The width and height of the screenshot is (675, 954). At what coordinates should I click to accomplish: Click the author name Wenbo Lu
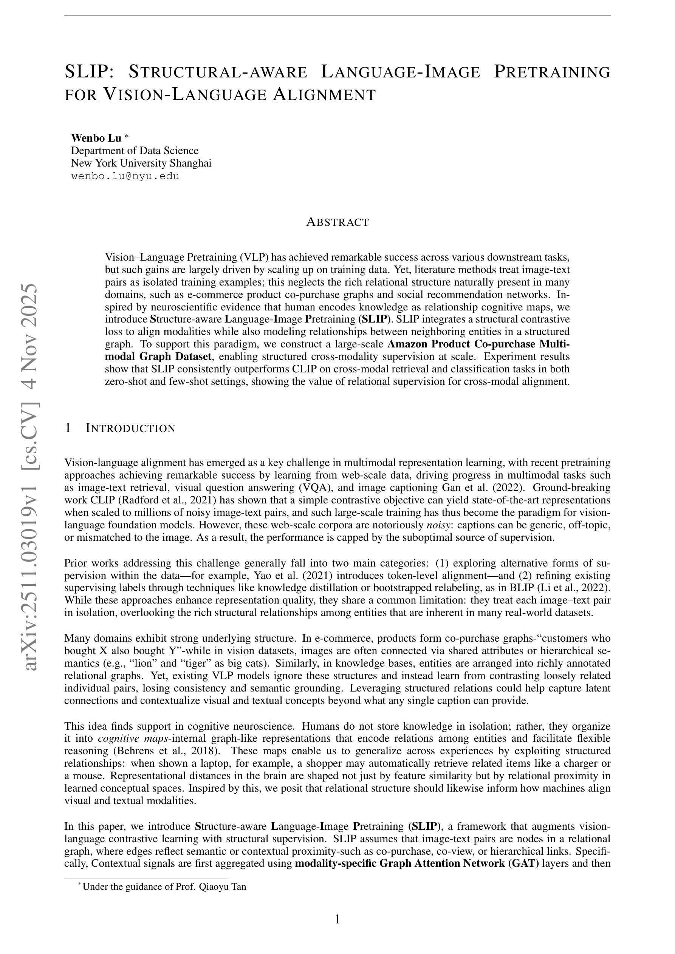(x=96, y=138)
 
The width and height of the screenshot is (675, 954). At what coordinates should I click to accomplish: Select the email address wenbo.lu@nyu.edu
(x=125, y=176)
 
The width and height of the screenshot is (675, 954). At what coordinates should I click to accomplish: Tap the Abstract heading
(x=337, y=222)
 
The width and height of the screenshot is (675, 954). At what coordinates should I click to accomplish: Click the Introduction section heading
(x=130, y=428)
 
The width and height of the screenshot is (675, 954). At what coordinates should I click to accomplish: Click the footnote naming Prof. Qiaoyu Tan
(x=164, y=887)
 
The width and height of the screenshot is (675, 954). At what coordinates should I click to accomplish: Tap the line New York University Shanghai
(x=141, y=163)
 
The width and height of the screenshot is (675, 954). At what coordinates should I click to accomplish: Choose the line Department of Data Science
(x=135, y=150)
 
